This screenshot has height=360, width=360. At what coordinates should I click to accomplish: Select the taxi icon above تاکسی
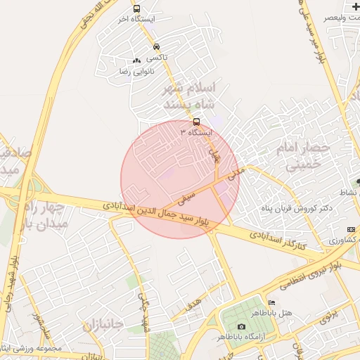(x=155, y=47)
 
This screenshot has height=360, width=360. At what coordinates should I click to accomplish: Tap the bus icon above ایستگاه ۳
(x=195, y=120)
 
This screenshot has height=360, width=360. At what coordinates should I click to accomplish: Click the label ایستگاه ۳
(x=196, y=132)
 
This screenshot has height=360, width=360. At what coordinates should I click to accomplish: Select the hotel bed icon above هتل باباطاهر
(x=272, y=303)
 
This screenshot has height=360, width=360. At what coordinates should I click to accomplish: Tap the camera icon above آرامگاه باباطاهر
(x=241, y=326)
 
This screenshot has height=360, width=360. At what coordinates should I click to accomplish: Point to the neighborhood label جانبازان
(x=103, y=325)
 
